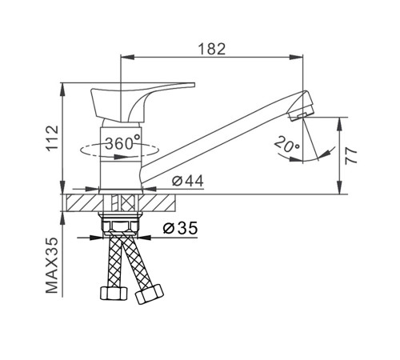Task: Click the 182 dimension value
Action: pyautogui.click(x=212, y=49)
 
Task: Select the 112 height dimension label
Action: pyautogui.click(x=53, y=138)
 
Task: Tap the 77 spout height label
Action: pyautogui.click(x=351, y=155)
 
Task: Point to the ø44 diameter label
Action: pyautogui.click(x=188, y=181)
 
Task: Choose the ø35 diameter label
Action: pyautogui.click(x=181, y=228)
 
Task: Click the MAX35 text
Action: pyautogui.click(x=52, y=266)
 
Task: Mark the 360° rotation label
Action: pyautogui.click(x=122, y=142)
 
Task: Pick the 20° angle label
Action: pyautogui.click(x=287, y=144)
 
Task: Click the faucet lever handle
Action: pyautogui.click(x=138, y=102)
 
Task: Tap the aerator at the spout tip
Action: pyautogui.click(x=301, y=106)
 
